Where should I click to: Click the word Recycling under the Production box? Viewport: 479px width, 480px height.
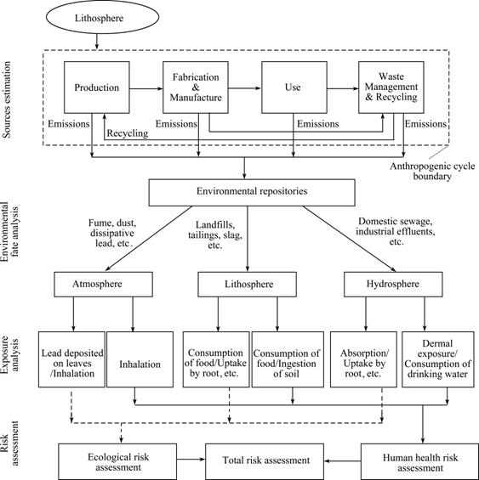click(x=128, y=133)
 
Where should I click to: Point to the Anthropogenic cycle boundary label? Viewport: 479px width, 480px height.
click(x=432, y=172)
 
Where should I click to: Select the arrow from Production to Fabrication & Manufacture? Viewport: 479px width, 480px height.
click(x=146, y=88)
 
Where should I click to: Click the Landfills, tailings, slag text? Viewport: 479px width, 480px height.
click(x=215, y=235)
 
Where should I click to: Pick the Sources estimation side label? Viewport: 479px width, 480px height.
click(x=7, y=99)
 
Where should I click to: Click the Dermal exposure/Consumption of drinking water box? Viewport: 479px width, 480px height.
click(x=438, y=359)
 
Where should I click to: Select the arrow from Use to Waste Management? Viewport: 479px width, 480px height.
click(x=343, y=88)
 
